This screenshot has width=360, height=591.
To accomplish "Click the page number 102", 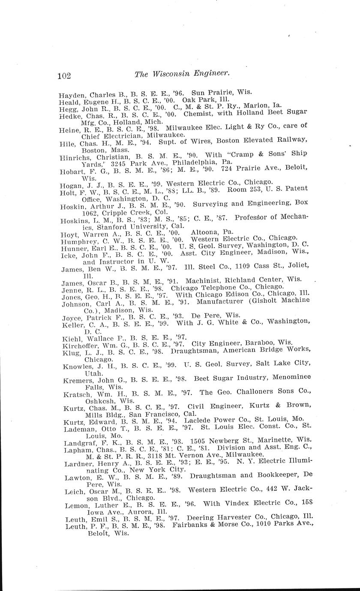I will [64, 76].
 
